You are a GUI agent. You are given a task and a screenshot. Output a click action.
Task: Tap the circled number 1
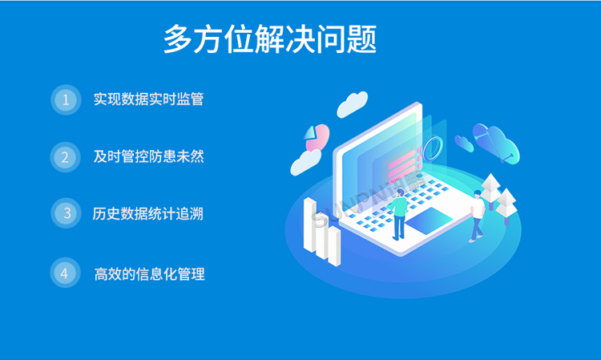(65, 99)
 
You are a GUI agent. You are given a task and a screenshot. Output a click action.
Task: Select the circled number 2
(65, 156)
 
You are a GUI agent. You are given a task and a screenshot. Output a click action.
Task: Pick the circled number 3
(65, 213)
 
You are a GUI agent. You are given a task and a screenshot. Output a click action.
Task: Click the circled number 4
(65, 273)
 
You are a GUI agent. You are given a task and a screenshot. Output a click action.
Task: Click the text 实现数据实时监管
(148, 99)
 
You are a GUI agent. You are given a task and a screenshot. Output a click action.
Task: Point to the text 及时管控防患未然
(148, 156)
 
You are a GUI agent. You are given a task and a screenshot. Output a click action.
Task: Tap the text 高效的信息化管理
(149, 273)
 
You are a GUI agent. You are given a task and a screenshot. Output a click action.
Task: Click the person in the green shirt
(398, 213)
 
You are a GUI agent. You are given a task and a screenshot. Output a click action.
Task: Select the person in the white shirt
(478, 212)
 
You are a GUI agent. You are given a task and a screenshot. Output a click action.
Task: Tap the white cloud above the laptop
(353, 103)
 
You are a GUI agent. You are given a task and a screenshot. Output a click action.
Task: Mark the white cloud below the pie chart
(305, 163)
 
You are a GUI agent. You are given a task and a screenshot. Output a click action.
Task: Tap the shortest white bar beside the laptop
(334, 244)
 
